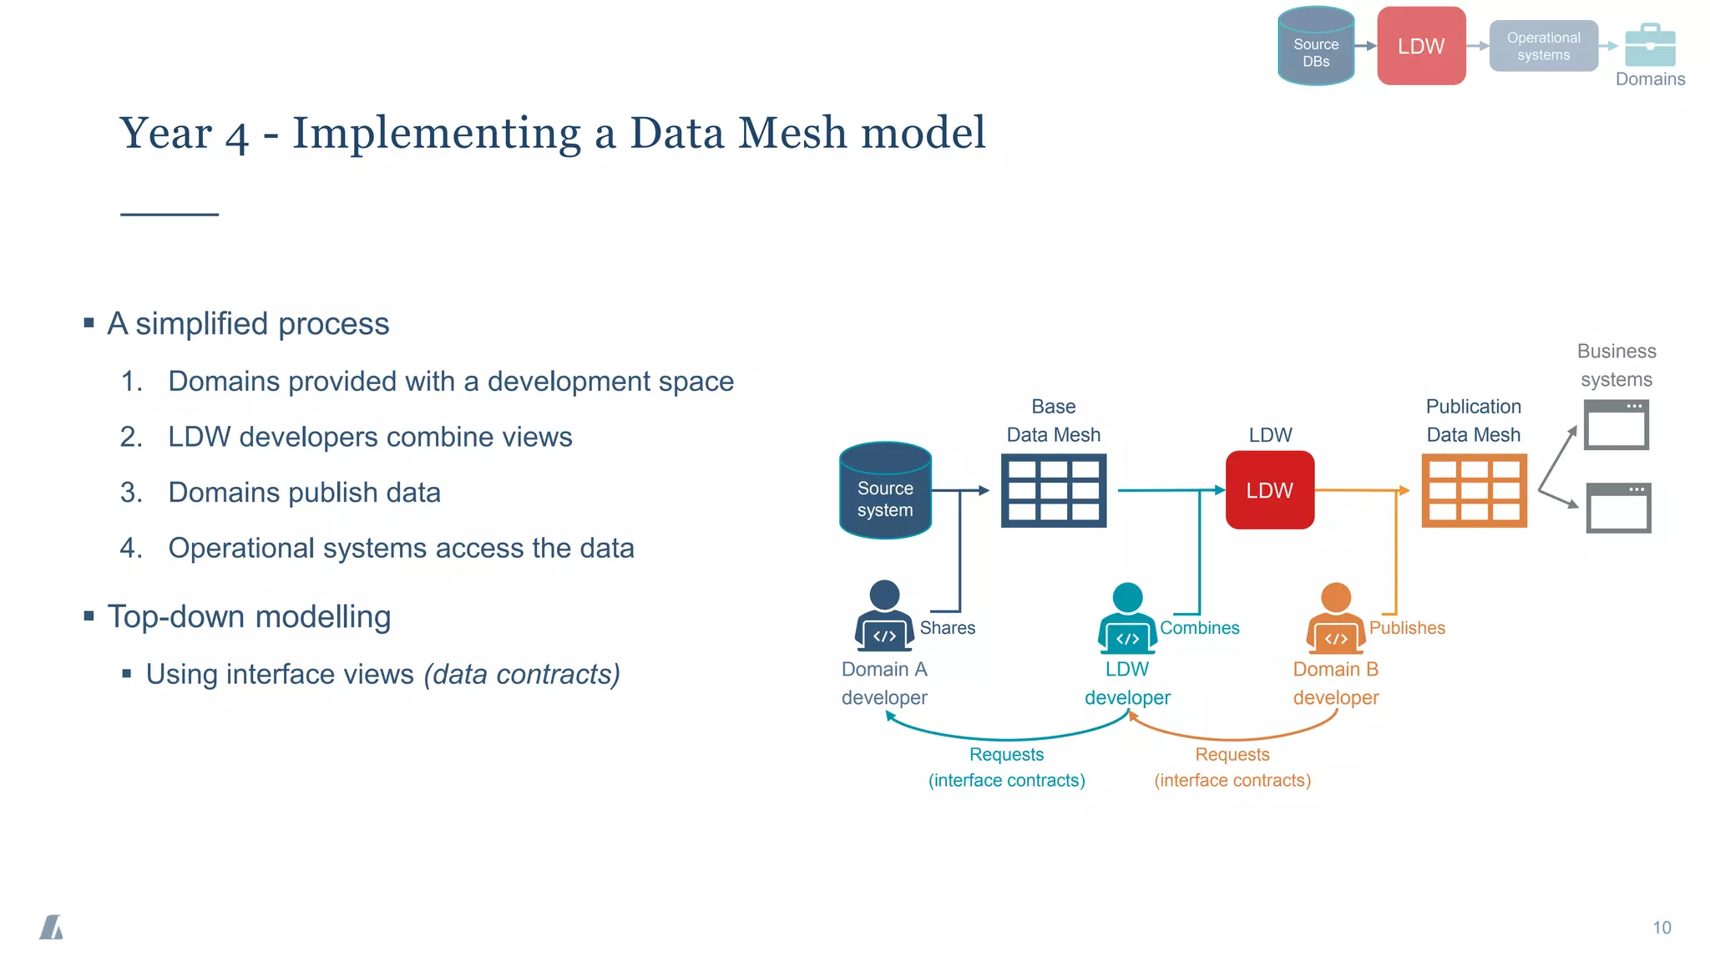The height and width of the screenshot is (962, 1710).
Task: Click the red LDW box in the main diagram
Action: click(x=1269, y=490)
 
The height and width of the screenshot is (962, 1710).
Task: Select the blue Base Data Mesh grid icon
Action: click(x=1054, y=490)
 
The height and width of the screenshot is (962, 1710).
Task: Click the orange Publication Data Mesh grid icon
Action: click(x=1474, y=490)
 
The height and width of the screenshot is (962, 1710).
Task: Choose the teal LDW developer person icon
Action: click(x=1127, y=619)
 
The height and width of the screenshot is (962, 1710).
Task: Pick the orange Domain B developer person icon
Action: click(x=1336, y=619)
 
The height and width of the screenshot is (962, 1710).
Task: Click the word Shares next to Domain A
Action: click(x=947, y=628)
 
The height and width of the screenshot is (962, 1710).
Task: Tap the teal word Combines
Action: click(x=1199, y=628)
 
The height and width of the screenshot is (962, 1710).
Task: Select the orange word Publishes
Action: click(x=1407, y=628)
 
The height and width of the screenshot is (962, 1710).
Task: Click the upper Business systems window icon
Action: click(x=1616, y=424)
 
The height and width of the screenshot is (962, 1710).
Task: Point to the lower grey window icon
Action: click(x=1618, y=508)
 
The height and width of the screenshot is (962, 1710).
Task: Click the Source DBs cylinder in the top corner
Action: click(x=1316, y=47)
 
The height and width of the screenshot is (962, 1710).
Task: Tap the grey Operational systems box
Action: click(x=1543, y=47)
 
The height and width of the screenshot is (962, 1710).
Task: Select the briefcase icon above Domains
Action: click(x=1650, y=45)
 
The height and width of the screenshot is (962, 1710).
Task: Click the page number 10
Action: click(x=1662, y=928)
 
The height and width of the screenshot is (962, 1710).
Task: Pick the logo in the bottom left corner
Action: click(x=52, y=927)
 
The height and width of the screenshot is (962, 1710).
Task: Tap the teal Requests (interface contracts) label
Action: click(x=1006, y=767)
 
